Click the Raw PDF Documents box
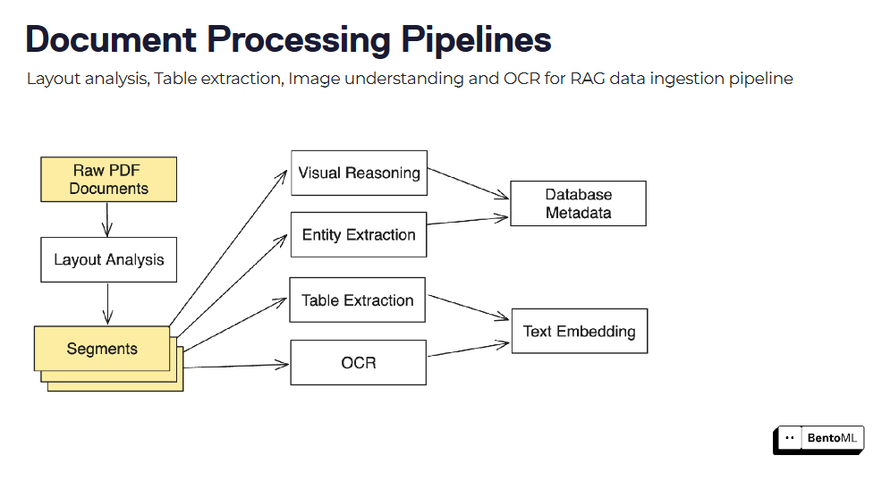(108, 179)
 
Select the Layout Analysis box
(108, 260)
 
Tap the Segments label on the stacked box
(102, 349)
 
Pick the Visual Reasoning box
(359, 173)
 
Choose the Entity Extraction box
(359, 235)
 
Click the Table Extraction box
(357, 300)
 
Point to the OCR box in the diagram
(358, 363)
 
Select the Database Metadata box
(578, 204)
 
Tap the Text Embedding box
(579, 332)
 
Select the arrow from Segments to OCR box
(236, 365)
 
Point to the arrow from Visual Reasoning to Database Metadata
(468, 183)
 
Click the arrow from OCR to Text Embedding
(468, 348)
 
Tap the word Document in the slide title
(109, 40)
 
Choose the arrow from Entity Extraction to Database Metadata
(468, 221)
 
